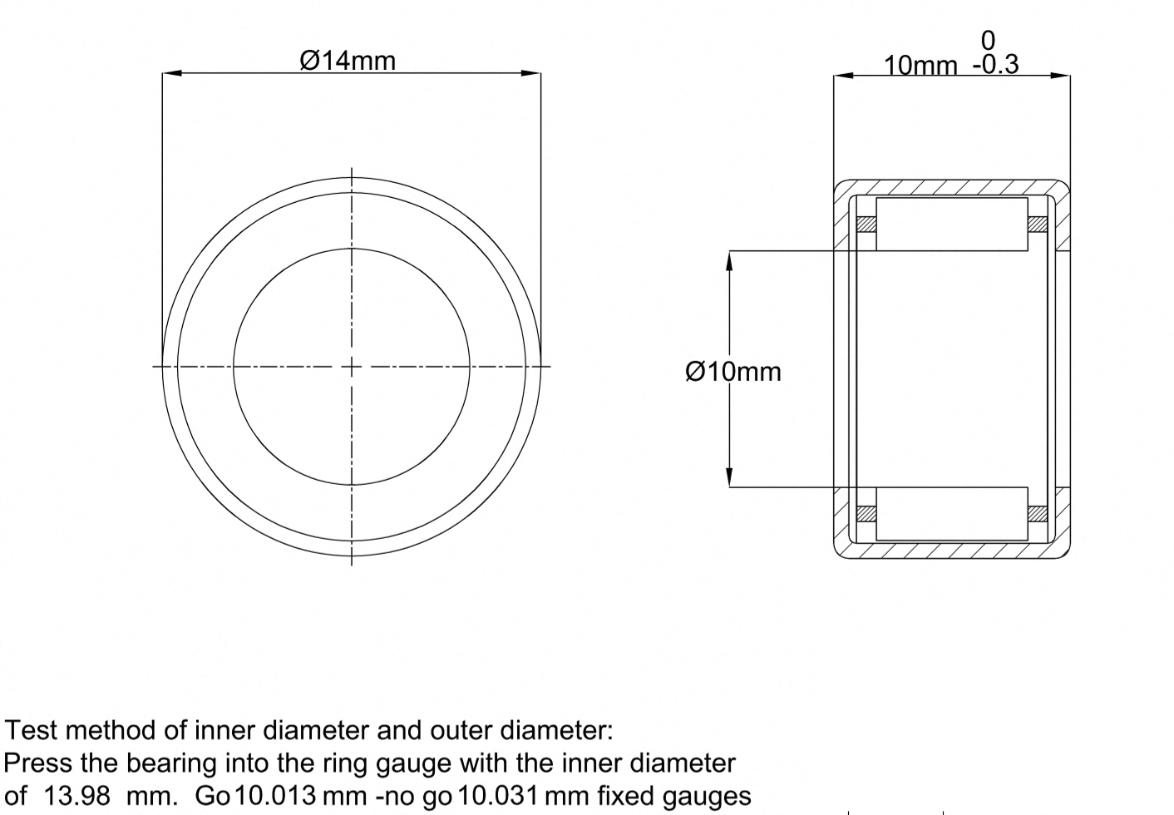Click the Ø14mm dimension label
[x=348, y=61]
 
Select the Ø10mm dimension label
[x=733, y=372]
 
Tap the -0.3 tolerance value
[x=996, y=65]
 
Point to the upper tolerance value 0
[x=988, y=41]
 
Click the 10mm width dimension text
[x=920, y=66]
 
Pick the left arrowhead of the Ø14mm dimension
[x=172, y=73]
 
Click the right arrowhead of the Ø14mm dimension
[x=531, y=73]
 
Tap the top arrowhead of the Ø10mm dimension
[x=728, y=261]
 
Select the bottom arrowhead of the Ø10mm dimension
[x=728, y=477]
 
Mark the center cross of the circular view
[x=351, y=367]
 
